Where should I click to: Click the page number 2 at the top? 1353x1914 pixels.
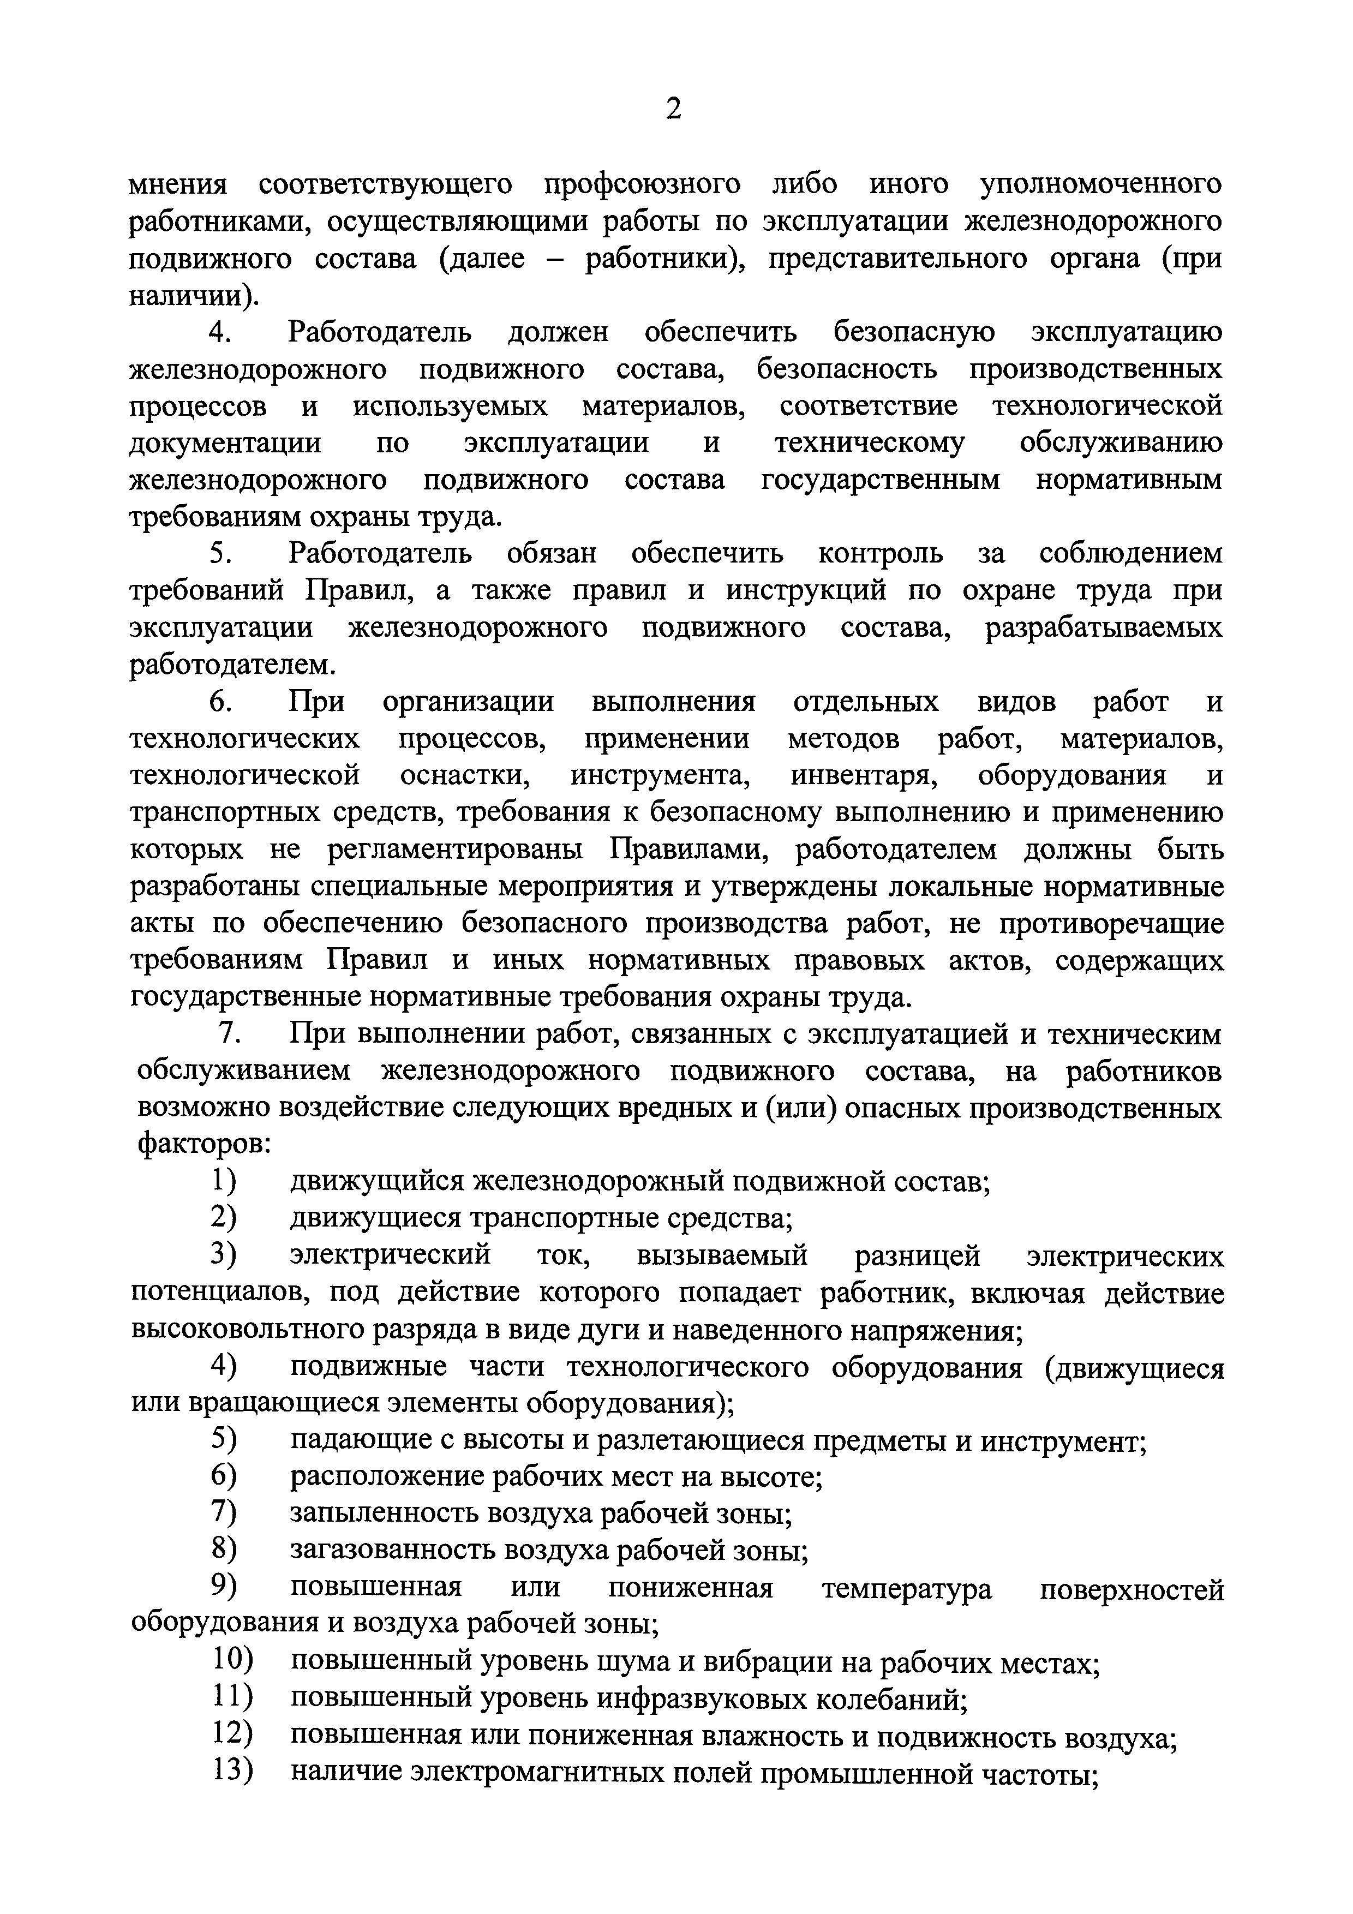pos(674,109)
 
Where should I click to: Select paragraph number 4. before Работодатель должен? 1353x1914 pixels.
pos(219,333)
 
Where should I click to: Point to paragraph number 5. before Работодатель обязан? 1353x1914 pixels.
pos(219,554)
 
